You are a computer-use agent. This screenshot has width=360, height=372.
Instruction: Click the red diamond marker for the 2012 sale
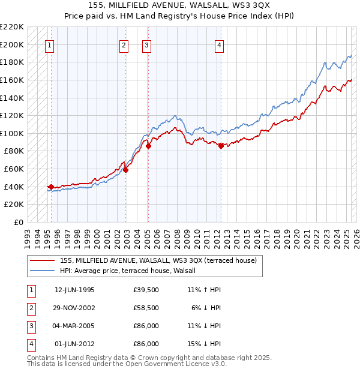tap(221, 146)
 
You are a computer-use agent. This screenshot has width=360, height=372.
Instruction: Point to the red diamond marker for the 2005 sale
tap(148, 146)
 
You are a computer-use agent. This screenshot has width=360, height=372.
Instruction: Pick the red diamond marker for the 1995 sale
tap(51, 187)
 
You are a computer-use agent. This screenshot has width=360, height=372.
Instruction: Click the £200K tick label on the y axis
tap(12, 44)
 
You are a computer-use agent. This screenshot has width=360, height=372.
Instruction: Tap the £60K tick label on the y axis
tap(14, 169)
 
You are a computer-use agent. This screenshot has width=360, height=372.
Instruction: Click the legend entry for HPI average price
tap(132, 271)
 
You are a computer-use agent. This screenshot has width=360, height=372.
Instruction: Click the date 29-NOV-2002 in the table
tap(74, 308)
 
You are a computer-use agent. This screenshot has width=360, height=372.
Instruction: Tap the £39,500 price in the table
tap(146, 290)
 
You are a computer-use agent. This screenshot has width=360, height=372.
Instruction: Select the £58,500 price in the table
tap(146, 308)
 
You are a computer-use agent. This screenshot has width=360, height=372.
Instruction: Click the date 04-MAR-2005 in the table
tap(74, 326)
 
